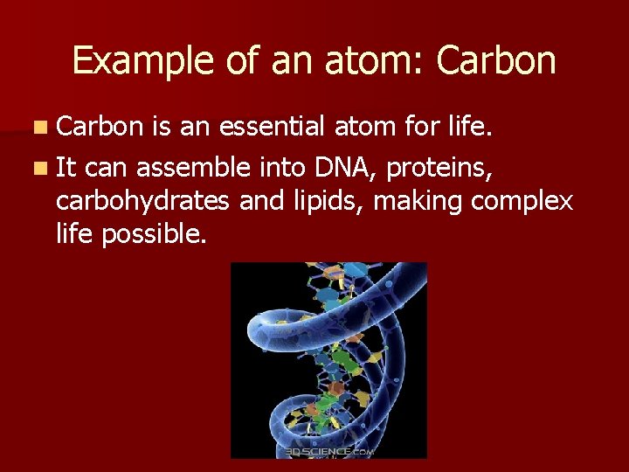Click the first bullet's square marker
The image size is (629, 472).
tap(42, 128)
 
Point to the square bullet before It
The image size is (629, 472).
tap(42, 166)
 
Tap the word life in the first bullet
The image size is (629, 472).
tap(473, 128)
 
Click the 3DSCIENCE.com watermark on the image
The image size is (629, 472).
tap(329, 451)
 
